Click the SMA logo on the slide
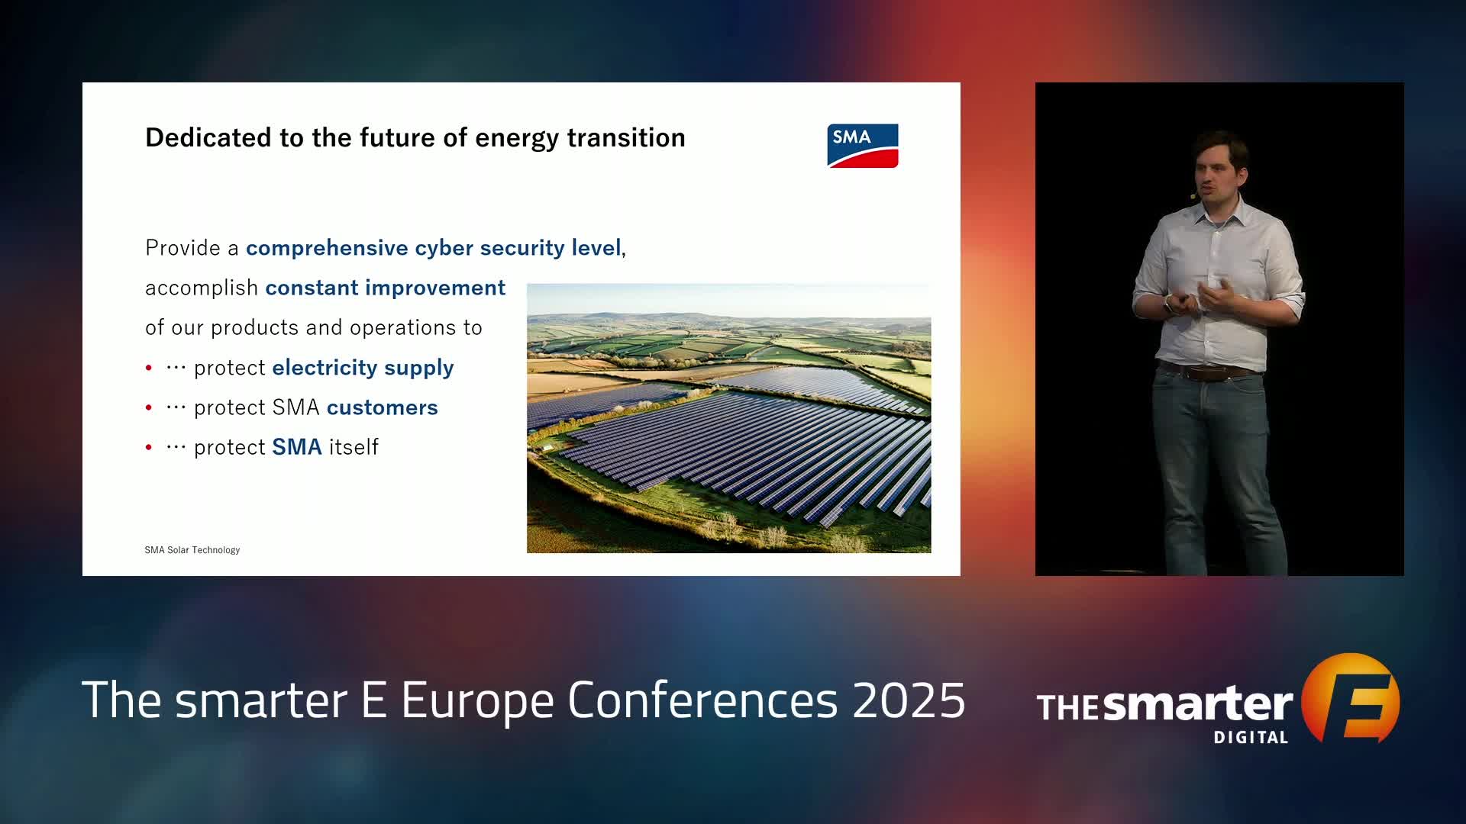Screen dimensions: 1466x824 tap(863, 146)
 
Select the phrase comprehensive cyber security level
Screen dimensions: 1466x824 tap(434, 248)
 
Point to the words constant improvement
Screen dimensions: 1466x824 tap(386, 288)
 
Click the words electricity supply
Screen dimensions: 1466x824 tap(363, 368)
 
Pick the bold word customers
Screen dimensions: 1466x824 tap(383, 407)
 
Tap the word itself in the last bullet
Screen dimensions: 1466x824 tap(354, 447)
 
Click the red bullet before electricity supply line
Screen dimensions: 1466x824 tap(149, 368)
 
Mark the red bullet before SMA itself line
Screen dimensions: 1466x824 tap(149, 447)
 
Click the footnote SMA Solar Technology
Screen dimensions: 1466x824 tap(192, 550)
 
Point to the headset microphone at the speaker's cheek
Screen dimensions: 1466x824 tap(1193, 196)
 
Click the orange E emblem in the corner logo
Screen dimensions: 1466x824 tap(1351, 698)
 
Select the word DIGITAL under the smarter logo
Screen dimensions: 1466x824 tap(1251, 737)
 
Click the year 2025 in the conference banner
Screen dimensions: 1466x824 tap(909, 700)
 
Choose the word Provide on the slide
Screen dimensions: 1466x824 tap(182, 248)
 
